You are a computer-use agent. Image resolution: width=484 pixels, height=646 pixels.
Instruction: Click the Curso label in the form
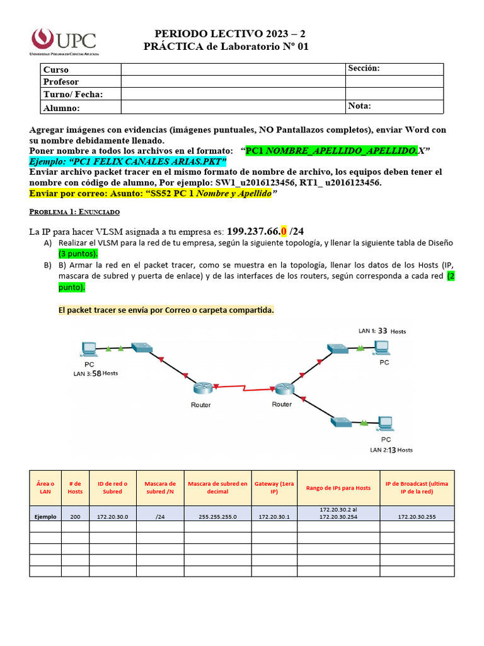[x=56, y=70]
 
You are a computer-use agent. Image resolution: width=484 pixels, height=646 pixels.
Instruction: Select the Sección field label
[x=364, y=69]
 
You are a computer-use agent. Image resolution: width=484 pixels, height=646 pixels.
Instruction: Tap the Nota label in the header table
[x=359, y=106]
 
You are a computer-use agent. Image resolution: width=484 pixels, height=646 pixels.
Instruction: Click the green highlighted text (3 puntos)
[x=78, y=254]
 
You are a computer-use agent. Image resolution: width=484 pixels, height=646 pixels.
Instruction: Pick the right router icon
[x=282, y=388]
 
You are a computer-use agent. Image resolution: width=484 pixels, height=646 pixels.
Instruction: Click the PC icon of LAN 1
[x=381, y=347]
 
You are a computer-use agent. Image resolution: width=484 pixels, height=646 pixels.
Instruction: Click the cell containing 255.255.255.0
[x=217, y=516]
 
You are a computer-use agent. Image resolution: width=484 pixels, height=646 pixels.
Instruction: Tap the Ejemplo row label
[x=45, y=516]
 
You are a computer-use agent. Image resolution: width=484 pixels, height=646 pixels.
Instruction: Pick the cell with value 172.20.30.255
[x=417, y=516]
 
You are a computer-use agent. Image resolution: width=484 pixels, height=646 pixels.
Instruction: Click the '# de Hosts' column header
[x=75, y=487]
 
